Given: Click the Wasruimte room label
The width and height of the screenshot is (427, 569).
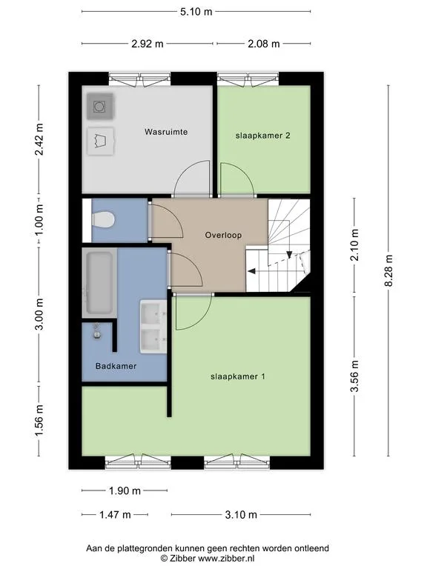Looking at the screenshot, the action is pos(166,132).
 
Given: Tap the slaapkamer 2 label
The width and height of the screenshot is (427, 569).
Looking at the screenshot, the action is pos(263,136).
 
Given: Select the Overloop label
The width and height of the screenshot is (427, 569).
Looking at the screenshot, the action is pos(223,235).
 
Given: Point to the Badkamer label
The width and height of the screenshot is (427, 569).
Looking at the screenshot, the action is pos(116,366).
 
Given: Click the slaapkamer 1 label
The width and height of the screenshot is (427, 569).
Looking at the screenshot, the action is pos(238,376).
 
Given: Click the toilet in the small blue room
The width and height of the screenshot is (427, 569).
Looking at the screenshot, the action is pos(103,220).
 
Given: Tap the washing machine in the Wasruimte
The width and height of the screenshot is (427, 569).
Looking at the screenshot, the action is pos(100,107).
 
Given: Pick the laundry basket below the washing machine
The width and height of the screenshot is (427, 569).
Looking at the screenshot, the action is pos(101,142).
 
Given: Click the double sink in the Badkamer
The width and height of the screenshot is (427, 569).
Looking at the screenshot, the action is pos(153,327).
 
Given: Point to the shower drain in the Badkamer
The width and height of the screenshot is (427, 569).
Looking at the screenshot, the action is pos(97,333).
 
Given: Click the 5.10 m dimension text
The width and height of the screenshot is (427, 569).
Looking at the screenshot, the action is pos(196,12).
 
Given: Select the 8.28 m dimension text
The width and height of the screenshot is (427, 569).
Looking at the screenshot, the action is pos(389,270).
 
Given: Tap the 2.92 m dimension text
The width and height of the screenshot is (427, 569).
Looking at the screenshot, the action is pos(147,44).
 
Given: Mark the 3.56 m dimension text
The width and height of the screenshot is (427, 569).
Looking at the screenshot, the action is pos(355,376).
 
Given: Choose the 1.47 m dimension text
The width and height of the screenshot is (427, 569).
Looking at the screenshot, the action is pos(115,515).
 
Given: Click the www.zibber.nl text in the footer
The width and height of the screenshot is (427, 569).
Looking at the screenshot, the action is pos(226,558).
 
